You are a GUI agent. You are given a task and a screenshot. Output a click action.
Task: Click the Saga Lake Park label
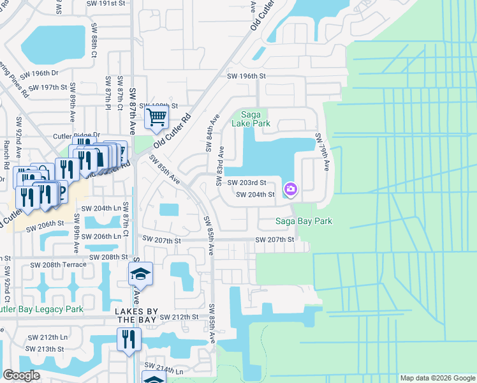coord(251,119)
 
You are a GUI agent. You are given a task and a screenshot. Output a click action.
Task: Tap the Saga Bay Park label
coord(304,222)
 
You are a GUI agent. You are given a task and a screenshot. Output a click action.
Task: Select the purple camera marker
coord(291,189)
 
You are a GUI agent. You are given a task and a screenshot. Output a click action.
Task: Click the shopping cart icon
coord(156,117)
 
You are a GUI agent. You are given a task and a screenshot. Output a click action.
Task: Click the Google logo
coord(21,375)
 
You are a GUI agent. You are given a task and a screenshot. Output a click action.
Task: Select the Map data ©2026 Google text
coord(438,378)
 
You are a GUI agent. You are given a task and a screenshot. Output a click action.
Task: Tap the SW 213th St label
coord(45,349)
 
